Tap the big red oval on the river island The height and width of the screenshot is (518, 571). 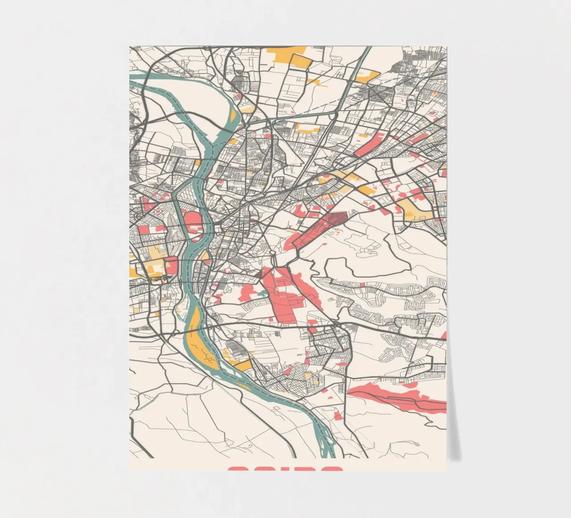[193, 219]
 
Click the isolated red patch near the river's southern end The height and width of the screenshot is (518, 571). [339, 415]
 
